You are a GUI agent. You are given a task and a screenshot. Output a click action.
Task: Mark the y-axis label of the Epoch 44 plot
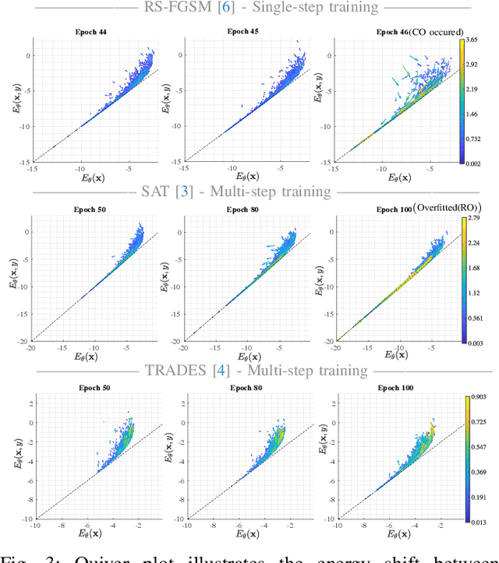pos(15,100)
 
